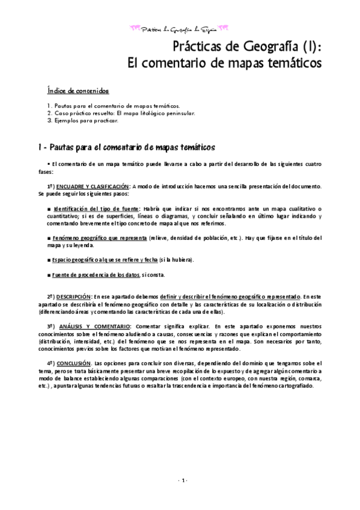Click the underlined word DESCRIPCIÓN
coord(73,296)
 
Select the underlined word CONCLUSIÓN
coord(73,363)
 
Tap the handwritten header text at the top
coord(180,28)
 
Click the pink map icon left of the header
coord(135,27)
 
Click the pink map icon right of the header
coord(226,27)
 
